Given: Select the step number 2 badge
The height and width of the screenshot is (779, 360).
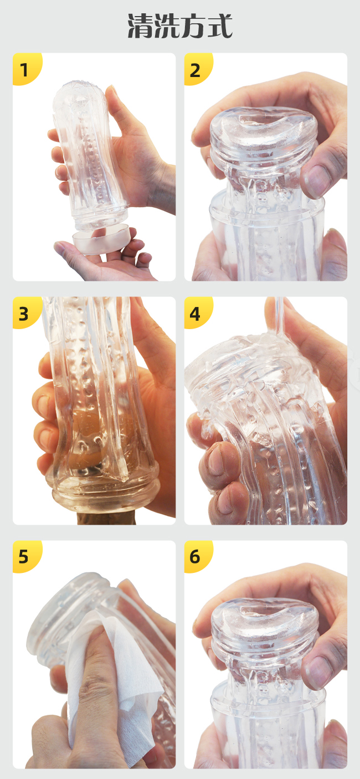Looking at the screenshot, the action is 198,69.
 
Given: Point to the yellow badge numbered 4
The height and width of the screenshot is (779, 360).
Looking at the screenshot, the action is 198,312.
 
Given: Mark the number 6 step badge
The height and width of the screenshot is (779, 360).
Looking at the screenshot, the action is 198,556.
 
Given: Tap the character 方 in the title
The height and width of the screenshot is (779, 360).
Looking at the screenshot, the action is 193,25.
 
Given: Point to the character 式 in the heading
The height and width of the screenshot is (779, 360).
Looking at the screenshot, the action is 220,25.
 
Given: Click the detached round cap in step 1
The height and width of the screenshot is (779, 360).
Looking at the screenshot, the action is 101,238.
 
